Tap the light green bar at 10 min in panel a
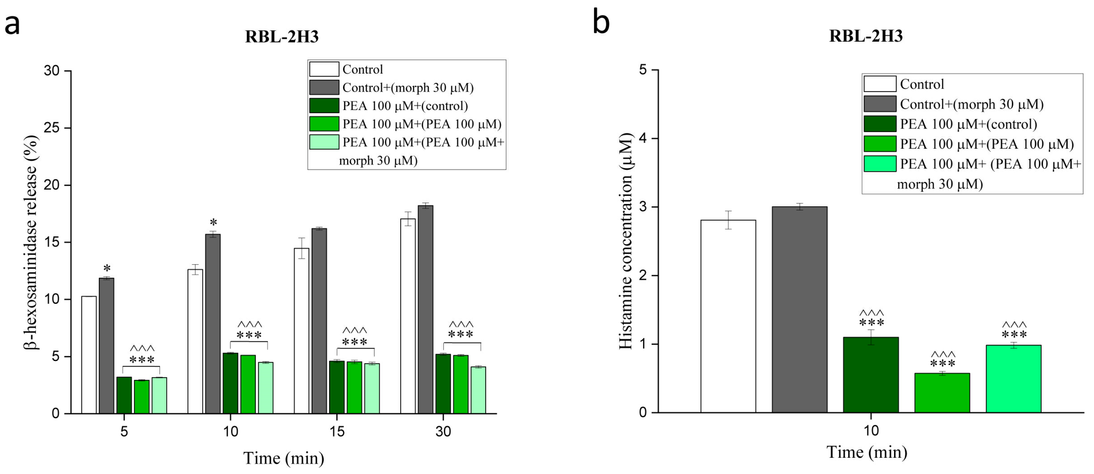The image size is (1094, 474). (266, 387)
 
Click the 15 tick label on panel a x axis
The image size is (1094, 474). (337, 431)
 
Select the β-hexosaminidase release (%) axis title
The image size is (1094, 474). (30, 242)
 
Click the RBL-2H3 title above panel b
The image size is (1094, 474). (866, 36)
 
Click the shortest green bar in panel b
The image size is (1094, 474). (942, 392)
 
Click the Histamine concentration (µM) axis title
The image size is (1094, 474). (626, 241)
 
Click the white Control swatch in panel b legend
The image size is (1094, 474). (880, 84)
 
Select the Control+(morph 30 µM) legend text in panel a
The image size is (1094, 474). (408, 88)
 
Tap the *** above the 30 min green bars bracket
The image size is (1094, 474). (460, 335)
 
